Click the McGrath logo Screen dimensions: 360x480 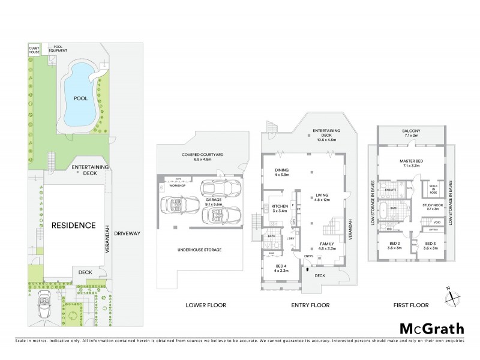pos(431,328)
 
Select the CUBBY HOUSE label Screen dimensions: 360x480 pos(35,50)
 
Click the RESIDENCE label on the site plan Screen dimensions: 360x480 pos(73,226)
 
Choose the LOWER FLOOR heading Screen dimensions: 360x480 pos(205,305)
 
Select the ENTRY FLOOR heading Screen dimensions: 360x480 pos(310,305)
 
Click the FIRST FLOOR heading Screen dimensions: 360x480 pos(410,305)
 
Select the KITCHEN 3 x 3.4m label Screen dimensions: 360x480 pos(280,208)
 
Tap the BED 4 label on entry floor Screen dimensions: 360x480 pos(281,268)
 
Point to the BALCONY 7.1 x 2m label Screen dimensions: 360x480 pos(411,133)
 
